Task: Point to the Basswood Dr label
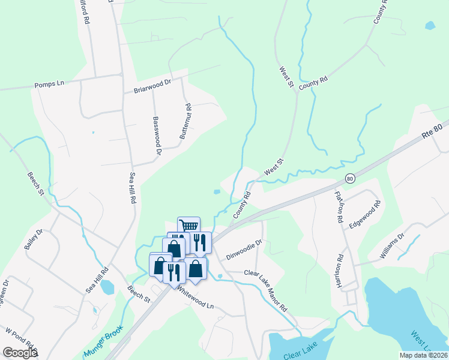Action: (x=157, y=136)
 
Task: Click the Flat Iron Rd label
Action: (x=339, y=205)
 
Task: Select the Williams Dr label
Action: (x=392, y=246)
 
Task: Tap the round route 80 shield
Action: (x=350, y=178)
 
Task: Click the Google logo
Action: (x=20, y=353)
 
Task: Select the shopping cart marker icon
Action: (x=188, y=226)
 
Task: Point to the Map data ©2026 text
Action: (x=423, y=355)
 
